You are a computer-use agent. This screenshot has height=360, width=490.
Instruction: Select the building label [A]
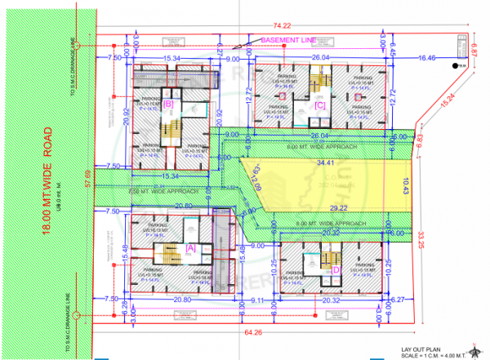pyautogui.click(x=190, y=247)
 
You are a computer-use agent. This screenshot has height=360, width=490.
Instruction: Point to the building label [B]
pyautogui.click(x=168, y=104)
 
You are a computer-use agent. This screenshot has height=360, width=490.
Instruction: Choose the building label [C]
pyautogui.click(x=320, y=105)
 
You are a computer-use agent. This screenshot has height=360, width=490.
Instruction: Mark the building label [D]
pyautogui.click(x=335, y=269)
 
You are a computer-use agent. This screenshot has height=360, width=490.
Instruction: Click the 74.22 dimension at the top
pyautogui.click(x=283, y=28)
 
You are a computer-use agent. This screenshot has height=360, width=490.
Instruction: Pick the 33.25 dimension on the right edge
pyautogui.click(x=421, y=238)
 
